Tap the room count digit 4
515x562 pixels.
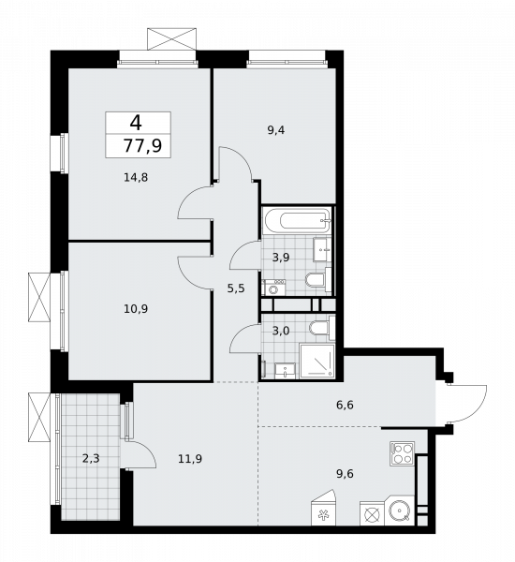tap(137, 122)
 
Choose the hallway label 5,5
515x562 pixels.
tap(235, 289)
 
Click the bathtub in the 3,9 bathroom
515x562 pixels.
tap(296, 223)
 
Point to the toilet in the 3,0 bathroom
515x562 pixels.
tap(320, 328)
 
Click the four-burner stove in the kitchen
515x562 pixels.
tap(403, 454)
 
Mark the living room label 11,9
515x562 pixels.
tap(190, 459)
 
